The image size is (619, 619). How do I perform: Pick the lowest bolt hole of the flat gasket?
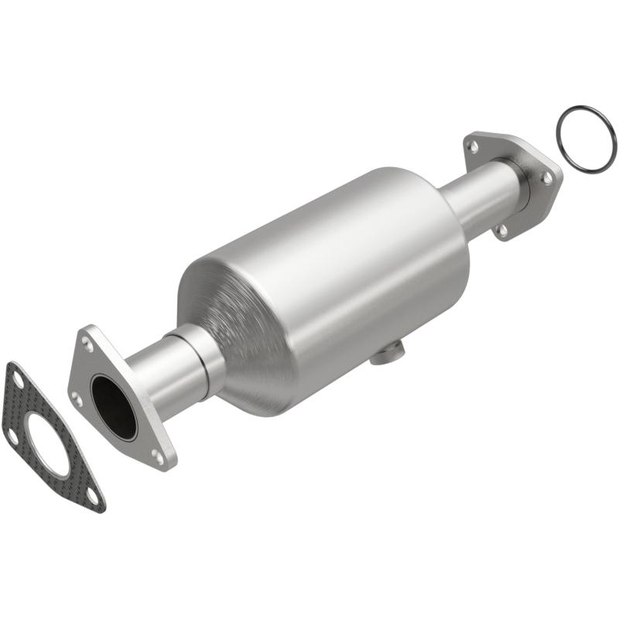pos(92,495)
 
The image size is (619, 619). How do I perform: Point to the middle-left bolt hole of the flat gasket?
pos(14,436)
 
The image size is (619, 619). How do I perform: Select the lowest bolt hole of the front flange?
pos(159,457)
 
